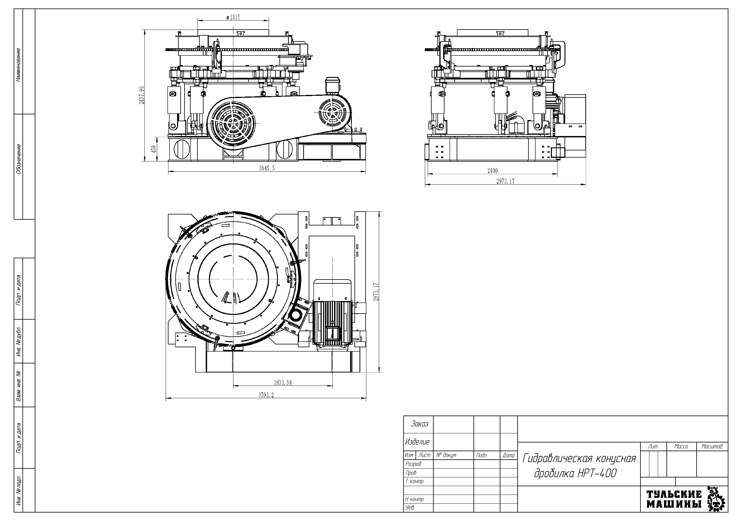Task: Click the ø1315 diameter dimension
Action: click(x=233, y=17)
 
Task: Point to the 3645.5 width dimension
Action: click(x=267, y=168)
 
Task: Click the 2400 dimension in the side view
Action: click(x=492, y=171)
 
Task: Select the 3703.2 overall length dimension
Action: click(x=266, y=395)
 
